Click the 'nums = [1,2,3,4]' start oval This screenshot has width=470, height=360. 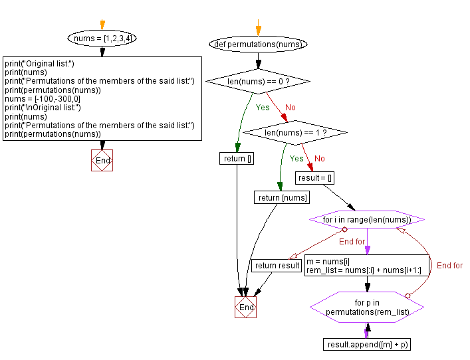[102, 39]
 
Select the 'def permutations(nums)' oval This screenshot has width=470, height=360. [259, 45]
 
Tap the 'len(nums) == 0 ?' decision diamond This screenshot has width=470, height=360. [258, 81]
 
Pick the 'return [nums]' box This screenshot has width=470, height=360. [283, 197]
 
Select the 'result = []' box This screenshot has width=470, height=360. [316, 178]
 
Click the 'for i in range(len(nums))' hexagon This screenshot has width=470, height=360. [366, 220]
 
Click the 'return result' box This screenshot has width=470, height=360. [277, 266]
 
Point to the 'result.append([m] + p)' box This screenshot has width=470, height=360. [368, 344]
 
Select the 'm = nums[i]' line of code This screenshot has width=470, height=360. [328, 261]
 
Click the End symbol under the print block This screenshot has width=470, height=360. [102, 161]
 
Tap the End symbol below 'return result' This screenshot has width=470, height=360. [245, 308]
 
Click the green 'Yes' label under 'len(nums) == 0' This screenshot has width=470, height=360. [263, 107]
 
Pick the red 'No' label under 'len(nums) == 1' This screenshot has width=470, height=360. [320, 159]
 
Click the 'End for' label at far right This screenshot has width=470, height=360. [449, 266]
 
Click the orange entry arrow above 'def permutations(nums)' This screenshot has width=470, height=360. [259, 27]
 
